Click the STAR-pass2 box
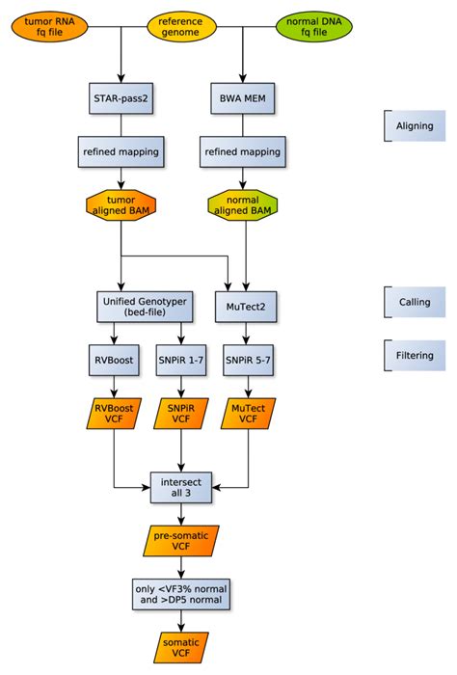[x=121, y=98]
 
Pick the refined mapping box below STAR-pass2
[x=121, y=151]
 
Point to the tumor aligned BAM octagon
[x=121, y=205]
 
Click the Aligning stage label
[x=416, y=125]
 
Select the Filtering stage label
[x=416, y=355]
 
